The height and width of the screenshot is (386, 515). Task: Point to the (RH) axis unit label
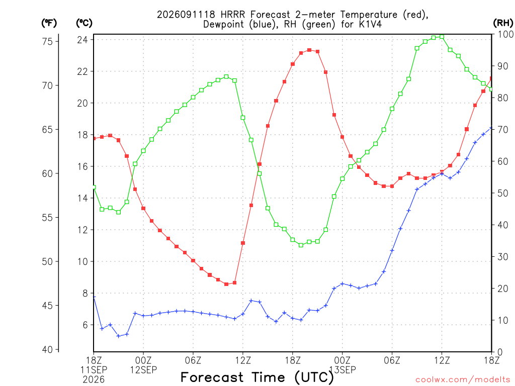pyautogui.click(x=503, y=23)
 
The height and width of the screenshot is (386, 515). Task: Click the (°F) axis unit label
pyautogui.click(x=49, y=23)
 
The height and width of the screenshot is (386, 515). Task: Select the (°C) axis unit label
pyautogui.click(x=84, y=23)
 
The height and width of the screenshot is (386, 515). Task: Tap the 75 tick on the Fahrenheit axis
pyautogui.click(x=47, y=41)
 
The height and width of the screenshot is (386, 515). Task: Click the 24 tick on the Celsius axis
pyautogui.click(x=82, y=40)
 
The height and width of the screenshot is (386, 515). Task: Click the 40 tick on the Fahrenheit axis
pyautogui.click(x=47, y=350)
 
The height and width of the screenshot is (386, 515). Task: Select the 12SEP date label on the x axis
pyautogui.click(x=143, y=370)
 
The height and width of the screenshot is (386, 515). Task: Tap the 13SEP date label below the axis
pyautogui.click(x=342, y=370)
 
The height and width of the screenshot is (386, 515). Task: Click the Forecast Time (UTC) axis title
pyautogui.click(x=257, y=377)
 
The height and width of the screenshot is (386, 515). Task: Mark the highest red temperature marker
pyautogui.click(x=309, y=50)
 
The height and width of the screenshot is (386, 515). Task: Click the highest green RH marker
pyautogui.click(x=442, y=37)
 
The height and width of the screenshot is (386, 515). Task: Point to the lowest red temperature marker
pyautogui.click(x=226, y=284)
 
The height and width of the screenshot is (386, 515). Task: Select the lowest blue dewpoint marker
pyautogui.click(x=119, y=336)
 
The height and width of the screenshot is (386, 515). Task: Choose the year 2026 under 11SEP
pyautogui.click(x=94, y=380)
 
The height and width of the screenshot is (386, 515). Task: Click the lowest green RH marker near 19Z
pyautogui.click(x=301, y=245)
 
